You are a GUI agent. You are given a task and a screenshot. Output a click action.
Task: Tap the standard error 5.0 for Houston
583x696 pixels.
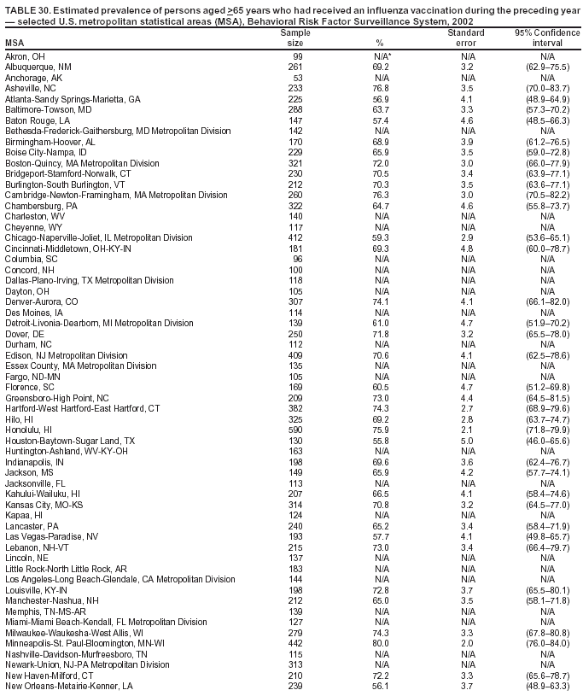(x=467, y=441)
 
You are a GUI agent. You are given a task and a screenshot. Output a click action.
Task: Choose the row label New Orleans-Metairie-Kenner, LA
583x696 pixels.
(x=69, y=686)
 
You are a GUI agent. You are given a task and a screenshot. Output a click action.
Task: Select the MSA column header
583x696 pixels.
(x=15, y=43)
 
